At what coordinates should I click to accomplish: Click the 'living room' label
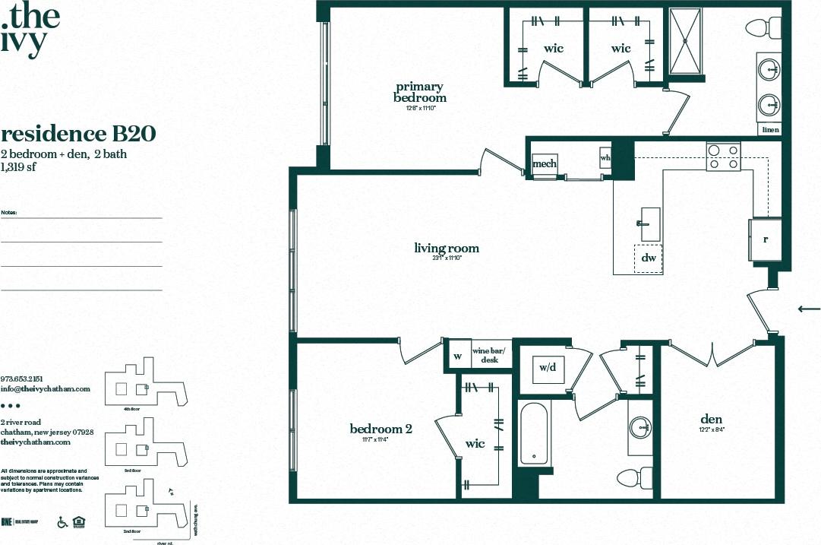pos(447,248)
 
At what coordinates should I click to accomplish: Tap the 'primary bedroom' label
pos(419,92)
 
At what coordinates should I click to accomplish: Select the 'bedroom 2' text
pos(381,429)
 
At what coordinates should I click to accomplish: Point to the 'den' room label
pos(712,419)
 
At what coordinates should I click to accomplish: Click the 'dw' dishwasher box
pos(648,258)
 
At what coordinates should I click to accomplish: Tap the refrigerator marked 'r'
pos(766,239)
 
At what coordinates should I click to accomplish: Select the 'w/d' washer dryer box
pos(548,368)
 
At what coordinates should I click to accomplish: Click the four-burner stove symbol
pos(722,156)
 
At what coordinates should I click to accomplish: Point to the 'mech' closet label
pos(544,163)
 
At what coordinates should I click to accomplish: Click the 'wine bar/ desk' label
pos(489,355)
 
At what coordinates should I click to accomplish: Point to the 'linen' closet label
pos(769,130)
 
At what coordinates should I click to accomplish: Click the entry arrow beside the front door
pos(809,309)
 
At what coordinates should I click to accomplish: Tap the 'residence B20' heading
pos(78,134)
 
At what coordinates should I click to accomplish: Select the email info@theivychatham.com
pos(46,388)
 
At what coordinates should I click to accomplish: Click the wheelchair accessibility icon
pos(63,522)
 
